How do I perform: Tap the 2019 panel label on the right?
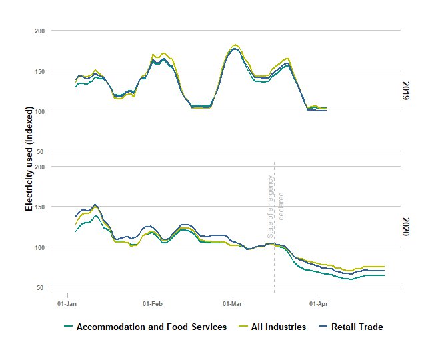(406, 91)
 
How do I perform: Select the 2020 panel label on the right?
(406, 227)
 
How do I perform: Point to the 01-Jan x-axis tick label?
(67, 303)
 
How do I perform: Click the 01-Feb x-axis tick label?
(153, 303)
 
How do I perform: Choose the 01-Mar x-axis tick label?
(233, 303)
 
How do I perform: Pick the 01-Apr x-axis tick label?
(319, 303)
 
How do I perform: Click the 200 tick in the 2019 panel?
(39, 31)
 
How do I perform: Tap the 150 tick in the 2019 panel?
(39, 71)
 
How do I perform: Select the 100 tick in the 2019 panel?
(39, 111)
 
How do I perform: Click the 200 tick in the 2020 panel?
(39, 167)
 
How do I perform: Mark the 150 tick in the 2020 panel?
(39, 207)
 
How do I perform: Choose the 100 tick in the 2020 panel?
(39, 247)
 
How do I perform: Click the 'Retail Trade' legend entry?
(357, 327)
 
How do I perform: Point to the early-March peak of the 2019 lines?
(235, 47)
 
